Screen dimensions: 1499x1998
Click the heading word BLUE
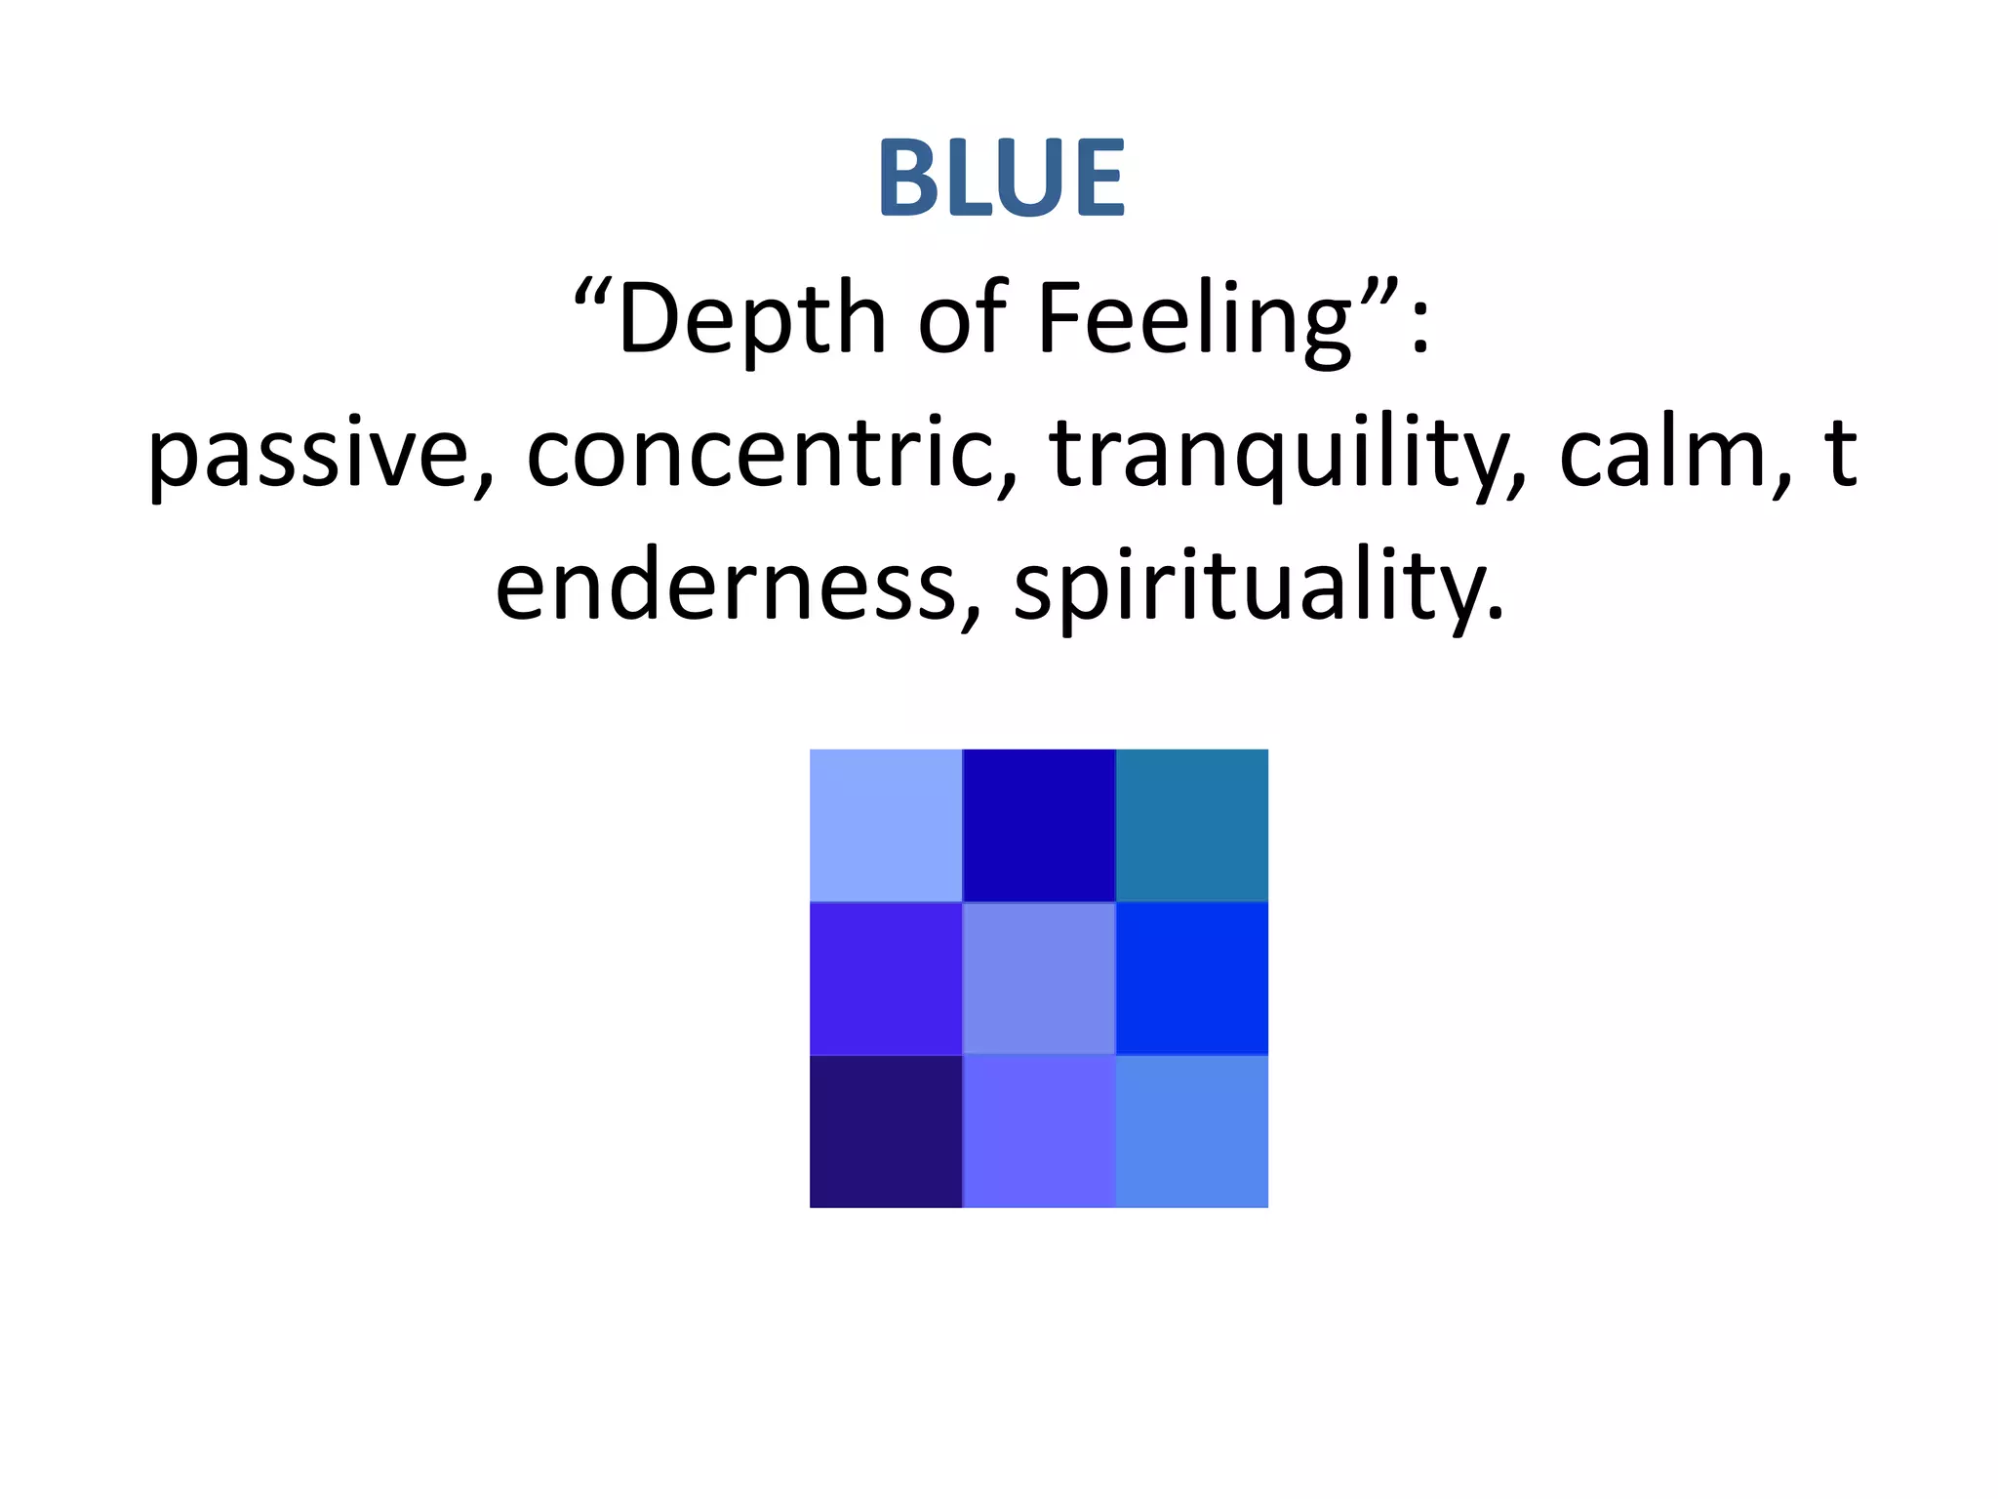(1001, 179)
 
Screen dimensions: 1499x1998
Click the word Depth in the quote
(751, 318)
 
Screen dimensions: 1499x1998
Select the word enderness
(726, 586)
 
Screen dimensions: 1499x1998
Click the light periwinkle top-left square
(886, 826)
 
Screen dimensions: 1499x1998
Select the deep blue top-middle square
(1039, 826)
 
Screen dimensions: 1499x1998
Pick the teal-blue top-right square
(1192, 826)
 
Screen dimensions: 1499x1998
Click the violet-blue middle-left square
(886, 979)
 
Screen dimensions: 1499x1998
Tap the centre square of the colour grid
(1039, 979)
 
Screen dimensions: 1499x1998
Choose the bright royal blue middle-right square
(1192, 979)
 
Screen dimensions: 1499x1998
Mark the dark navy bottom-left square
(886, 1132)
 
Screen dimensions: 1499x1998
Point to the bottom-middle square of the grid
(1039, 1132)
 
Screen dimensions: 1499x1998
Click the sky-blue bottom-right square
(1192, 1132)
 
